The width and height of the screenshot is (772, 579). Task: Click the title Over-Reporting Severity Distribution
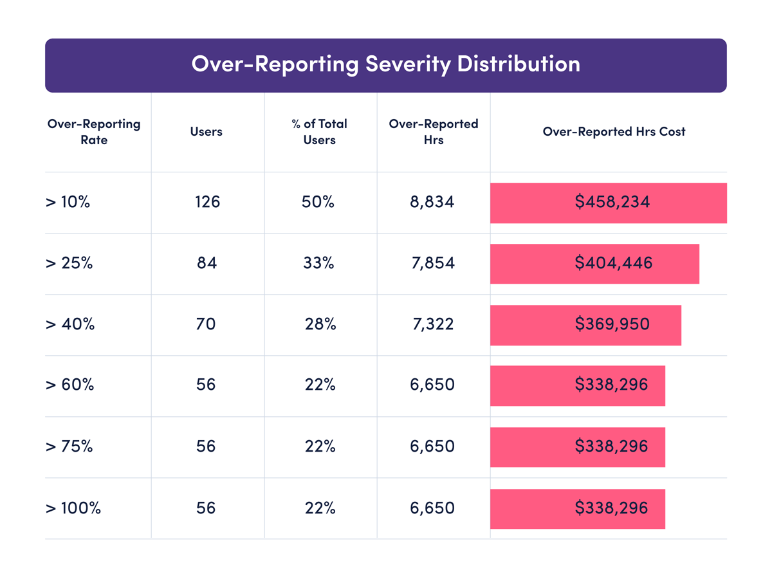pos(385,64)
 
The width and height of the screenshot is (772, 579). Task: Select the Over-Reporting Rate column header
pos(94,131)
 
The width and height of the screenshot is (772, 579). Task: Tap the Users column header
pos(207,131)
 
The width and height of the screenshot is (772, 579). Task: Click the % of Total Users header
pos(319,131)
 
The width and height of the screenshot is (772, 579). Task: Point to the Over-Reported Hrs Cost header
pos(614,131)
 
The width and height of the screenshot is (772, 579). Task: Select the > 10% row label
pos(68,202)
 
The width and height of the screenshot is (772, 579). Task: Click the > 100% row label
pos(73,508)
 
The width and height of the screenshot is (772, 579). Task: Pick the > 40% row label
pos(70,324)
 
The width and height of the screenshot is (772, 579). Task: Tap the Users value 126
pos(207,202)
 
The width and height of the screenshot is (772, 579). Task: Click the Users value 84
pos(207,263)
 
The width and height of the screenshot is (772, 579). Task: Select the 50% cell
pos(318,202)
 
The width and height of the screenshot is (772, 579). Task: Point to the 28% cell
pos(320,324)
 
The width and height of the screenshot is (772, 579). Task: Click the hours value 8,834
pos(432,202)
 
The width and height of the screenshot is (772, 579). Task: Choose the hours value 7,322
pos(432,324)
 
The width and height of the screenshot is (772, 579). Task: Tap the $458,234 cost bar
pos(609,203)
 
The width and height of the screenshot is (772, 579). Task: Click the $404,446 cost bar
pos(594,264)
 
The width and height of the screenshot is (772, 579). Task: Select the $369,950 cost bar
pos(585,325)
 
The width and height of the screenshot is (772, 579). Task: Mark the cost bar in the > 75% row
pos(578,446)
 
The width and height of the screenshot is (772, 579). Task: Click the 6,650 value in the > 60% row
pos(432,385)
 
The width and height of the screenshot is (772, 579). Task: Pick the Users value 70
pos(206,324)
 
